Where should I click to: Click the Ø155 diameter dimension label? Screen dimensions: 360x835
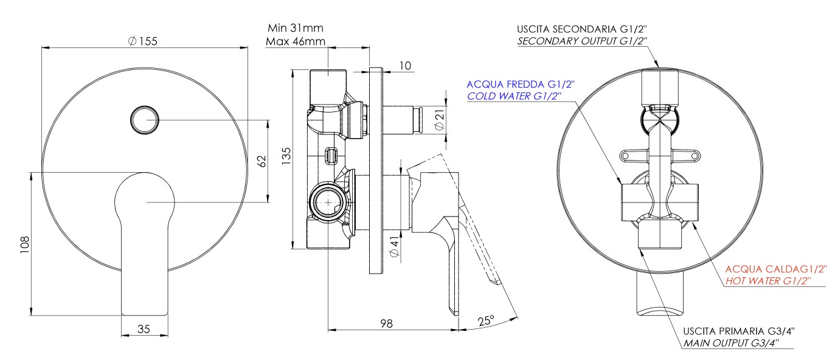pyautogui.click(x=144, y=40)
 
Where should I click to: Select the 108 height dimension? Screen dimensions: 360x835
pyautogui.click(x=24, y=243)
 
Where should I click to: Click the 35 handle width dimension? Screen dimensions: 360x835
pyautogui.click(x=144, y=329)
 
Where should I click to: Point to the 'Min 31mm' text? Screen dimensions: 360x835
pyautogui.click(x=295, y=28)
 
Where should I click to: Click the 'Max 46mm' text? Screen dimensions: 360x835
pyautogui.click(x=296, y=42)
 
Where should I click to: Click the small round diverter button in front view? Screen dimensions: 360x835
pyautogui.click(x=145, y=119)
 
